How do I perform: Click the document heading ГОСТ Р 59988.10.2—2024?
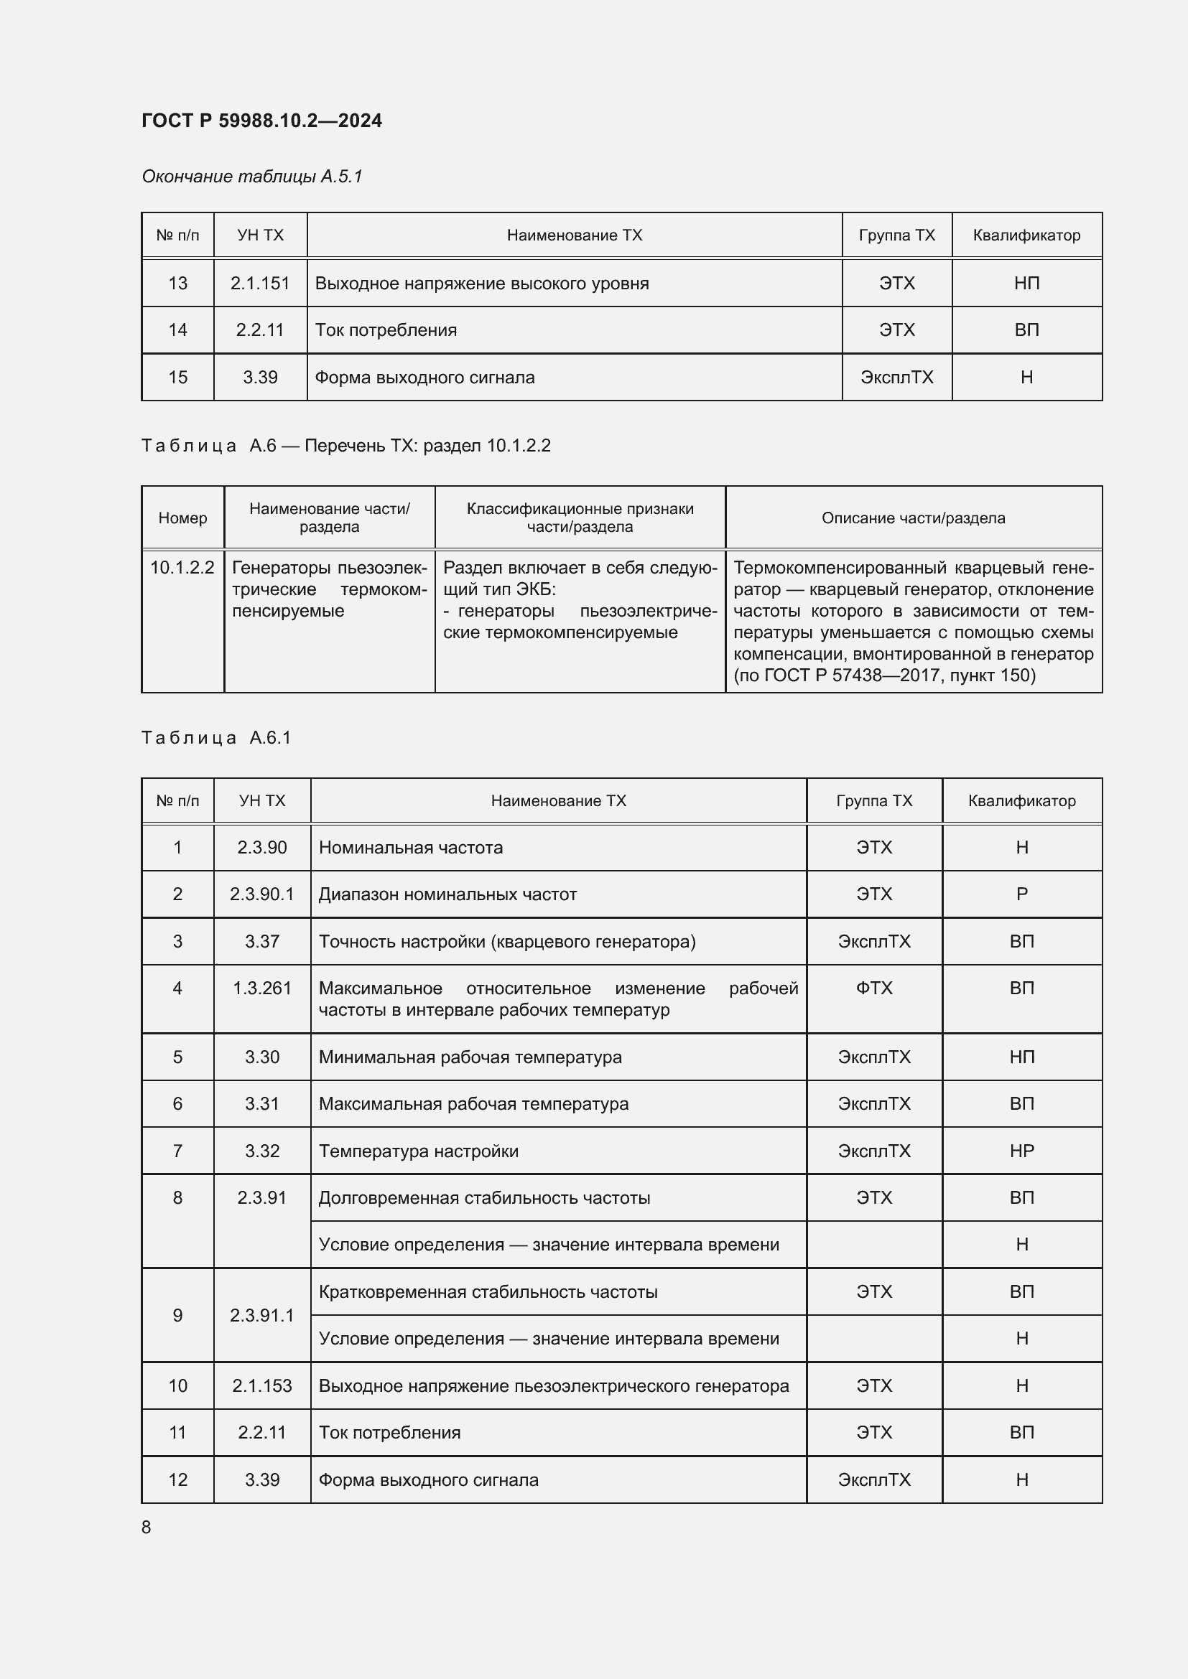pyautogui.click(x=261, y=121)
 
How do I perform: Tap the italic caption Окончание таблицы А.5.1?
pyautogui.click(x=251, y=177)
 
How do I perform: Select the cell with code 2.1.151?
pyautogui.click(x=260, y=283)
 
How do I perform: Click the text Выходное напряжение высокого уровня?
pyautogui.click(x=481, y=283)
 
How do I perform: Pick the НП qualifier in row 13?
pyautogui.click(x=1026, y=283)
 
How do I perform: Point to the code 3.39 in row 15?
pyautogui.click(x=260, y=378)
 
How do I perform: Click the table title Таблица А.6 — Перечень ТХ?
pyautogui.click(x=345, y=445)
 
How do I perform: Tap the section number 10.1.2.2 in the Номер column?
pyautogui.click(x=182, y=568)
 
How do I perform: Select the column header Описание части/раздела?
pyautogui.click(x=913, y=518)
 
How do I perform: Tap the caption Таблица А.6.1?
pyautogui.click(x=216, y=738)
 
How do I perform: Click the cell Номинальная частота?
pyautogui.click(x=410, y=848)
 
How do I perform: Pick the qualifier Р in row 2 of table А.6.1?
pyautogui.click(x=1022, y=894)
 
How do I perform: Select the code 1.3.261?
pyautogui.click(x=262, y=988)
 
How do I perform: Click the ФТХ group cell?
pyautogui.click(x=874, y=988)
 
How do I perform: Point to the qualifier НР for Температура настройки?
pyautogui.click(x=1022, y=1151)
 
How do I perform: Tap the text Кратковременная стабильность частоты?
pyautogui.click(x=488, y=1292)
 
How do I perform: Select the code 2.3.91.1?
pyautogui.click(x=262, y=1316)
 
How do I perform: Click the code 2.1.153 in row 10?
pyautogui.click(x=262, y=1385)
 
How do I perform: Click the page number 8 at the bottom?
pyautogui.click(x=147, y=1527)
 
